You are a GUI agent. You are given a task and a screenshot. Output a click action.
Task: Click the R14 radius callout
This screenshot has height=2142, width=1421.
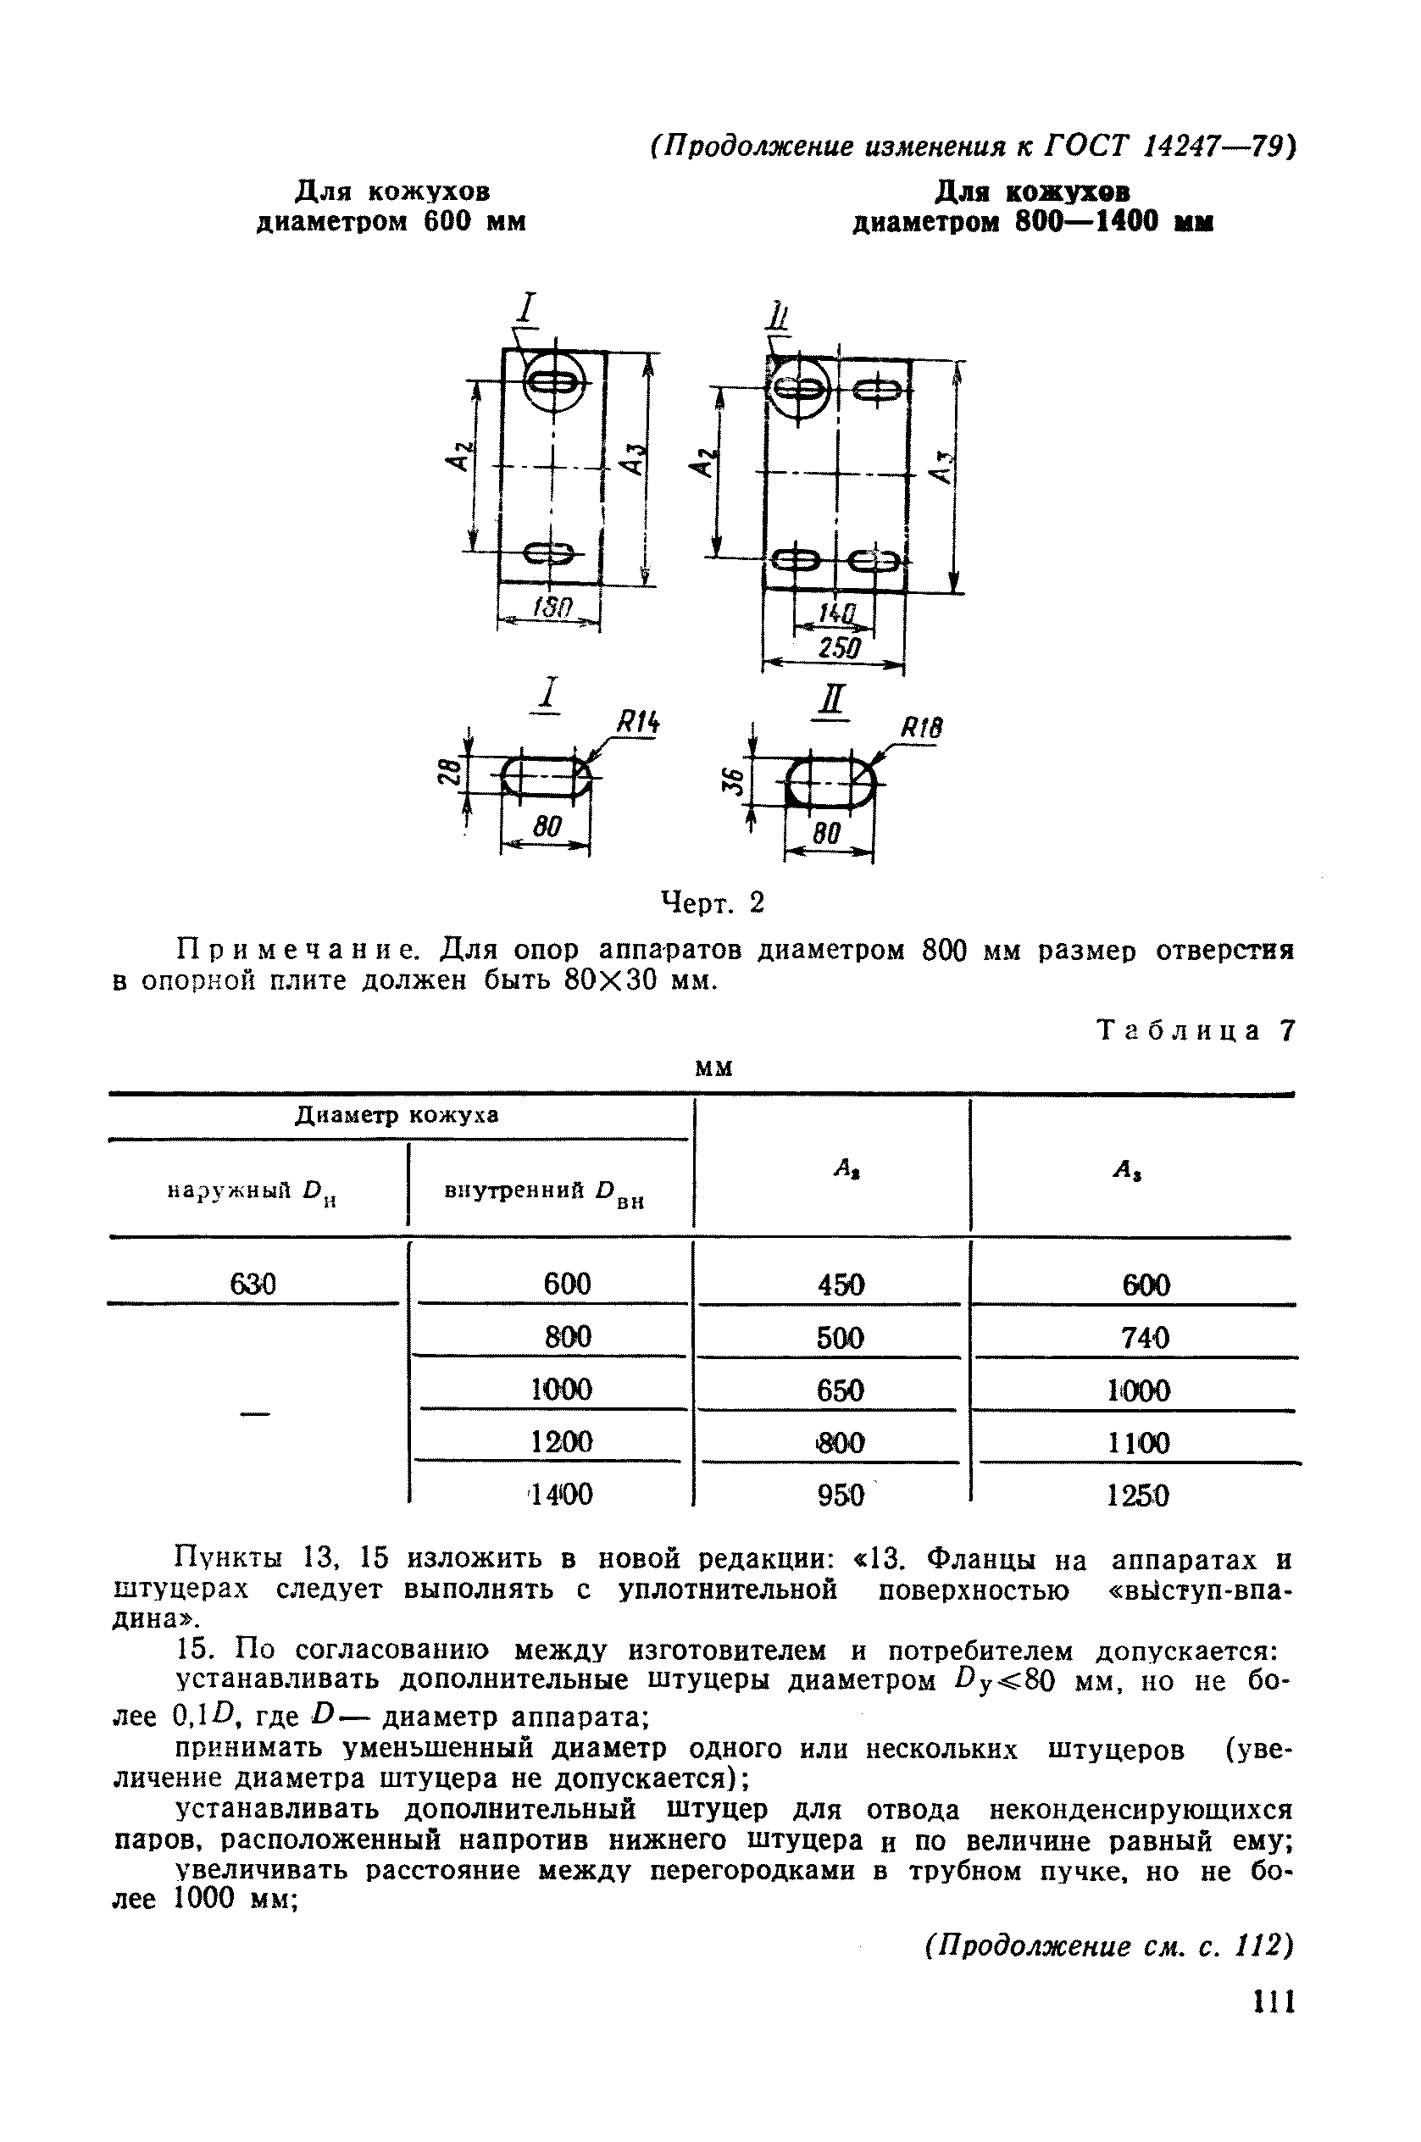[x=638, y=722]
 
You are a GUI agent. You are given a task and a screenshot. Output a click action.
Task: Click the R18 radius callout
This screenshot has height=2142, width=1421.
[x=921, y=728]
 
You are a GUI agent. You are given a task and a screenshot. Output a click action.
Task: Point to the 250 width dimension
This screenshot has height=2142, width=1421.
[x=833, y=648]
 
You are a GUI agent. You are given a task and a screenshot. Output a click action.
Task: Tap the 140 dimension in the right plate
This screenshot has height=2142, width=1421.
[x=835, y=614]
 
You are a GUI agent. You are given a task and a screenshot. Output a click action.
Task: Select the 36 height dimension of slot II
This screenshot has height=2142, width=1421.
[x=735, y=781]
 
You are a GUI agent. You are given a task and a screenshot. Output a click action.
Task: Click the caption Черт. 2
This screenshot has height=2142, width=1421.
[x=713, y=902]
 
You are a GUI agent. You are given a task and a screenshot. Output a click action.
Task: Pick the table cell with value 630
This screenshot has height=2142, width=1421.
[x=253, y=1284]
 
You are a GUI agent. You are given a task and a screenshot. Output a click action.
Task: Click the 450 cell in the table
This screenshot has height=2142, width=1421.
[x=840, y=1285]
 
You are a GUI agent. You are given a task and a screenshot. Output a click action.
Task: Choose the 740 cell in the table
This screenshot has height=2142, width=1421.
[x=1145, y=1337]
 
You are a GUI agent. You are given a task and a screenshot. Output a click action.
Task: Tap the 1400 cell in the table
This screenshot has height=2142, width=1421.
[x=563, y=1494]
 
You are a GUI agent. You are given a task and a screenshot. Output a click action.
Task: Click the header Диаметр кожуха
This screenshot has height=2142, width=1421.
[x=397, y=1115]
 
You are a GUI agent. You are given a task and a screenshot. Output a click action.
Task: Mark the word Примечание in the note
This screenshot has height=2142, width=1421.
[x=297, y=951]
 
